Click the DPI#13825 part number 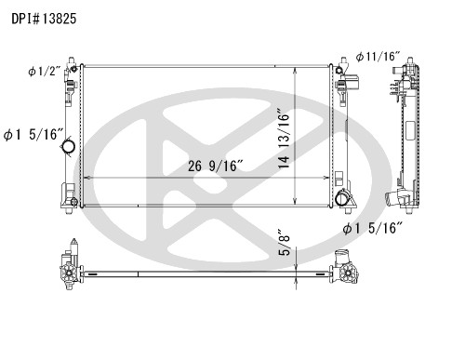(x=44, y=19)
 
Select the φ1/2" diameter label (x=44, y=72)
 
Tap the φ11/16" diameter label (x=378, y=57)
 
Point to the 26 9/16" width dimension (x=215, y=167)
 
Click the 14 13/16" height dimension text (x=284, y=139)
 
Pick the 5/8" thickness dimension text (x=284, y=243)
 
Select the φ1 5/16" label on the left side (x=33, y=135)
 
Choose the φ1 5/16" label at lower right (x=372, y=229)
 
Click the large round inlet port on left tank (x=69, y=145)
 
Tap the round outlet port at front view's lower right (x=343, y=198)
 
